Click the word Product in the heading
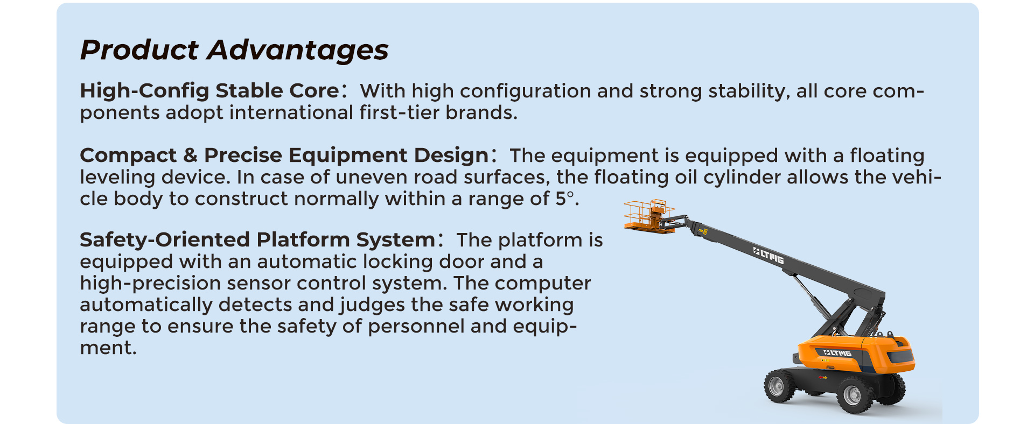(139, 50)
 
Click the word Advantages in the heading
(298, 50)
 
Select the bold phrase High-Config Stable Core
(209, 90)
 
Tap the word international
(291, 112)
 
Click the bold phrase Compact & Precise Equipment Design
(284, 155)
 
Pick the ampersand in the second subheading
(190, 156)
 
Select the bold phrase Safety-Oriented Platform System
(257, 239)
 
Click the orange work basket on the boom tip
(649, 216)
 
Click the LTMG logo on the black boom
(768, 256)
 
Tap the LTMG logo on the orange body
(837, 353)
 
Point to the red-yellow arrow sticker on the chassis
(823, 377)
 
